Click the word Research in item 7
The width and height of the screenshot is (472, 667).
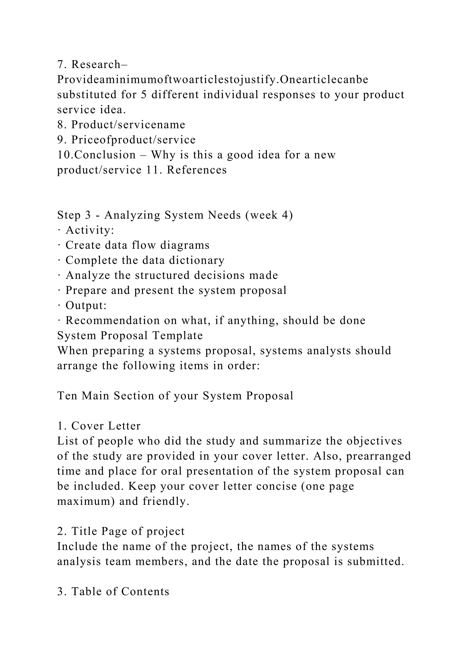[x=96, y=64]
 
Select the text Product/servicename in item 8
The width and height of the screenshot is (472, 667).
[x=128, y=125]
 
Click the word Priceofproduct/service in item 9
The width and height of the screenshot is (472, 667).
[x=133, y=140]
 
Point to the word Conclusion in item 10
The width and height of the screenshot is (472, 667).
[x=105, y=155]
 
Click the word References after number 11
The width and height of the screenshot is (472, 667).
[x=197, y=170]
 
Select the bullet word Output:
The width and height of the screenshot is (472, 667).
[x=86, y=306]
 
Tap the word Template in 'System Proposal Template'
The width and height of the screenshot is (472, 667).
[x=178, y=336]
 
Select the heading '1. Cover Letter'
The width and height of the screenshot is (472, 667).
[x=99, y=426]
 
